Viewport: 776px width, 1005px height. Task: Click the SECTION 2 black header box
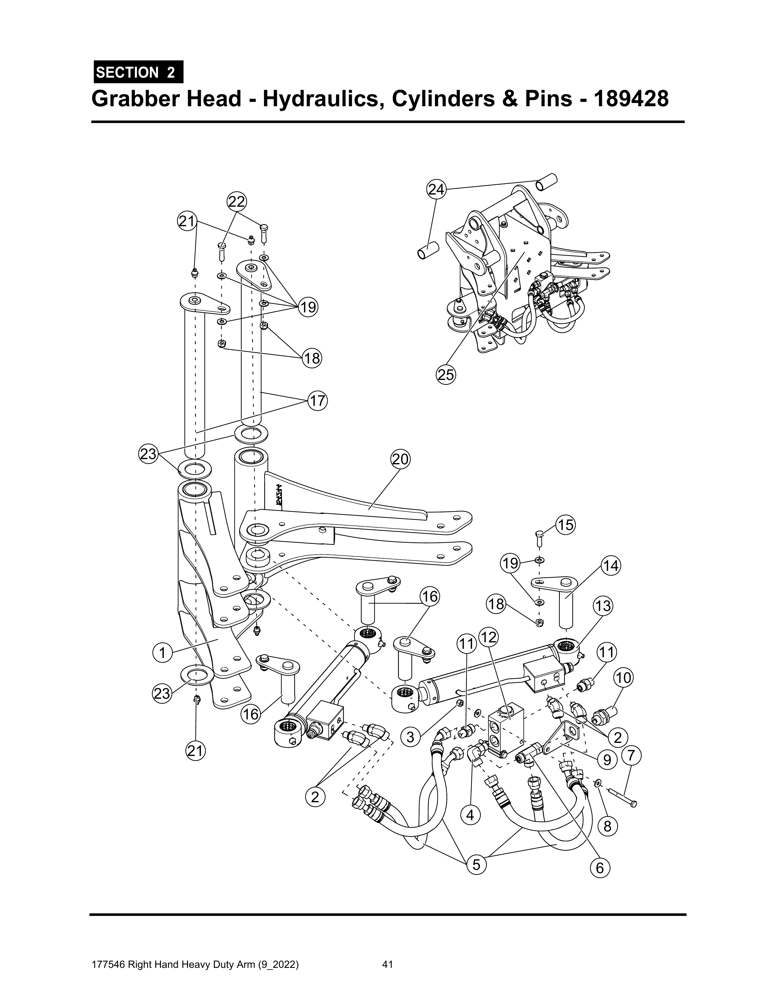138,72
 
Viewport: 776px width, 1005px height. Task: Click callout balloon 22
237,202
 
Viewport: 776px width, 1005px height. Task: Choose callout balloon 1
162,652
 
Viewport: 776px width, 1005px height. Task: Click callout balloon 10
623,677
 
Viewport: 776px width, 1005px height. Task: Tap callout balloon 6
600,868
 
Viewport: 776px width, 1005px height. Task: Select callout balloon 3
410,737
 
